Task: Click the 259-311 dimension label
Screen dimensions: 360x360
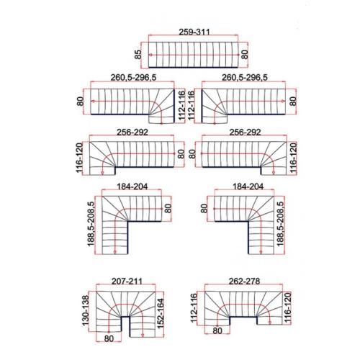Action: click(x=194, y=32)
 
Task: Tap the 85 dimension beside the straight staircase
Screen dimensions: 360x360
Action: click(x=138, y=54)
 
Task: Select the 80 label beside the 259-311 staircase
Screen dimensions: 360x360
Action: click(x=245, y=54)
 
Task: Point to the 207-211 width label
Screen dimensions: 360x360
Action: click(x=127, y=281)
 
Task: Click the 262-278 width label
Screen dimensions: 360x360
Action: click(x=244, y=281)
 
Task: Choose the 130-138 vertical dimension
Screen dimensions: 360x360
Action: click(x=86, y=310)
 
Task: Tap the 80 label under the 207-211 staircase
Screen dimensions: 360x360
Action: click(x=109, y=338)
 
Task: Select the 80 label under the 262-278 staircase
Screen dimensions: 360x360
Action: click(x=217, y=330)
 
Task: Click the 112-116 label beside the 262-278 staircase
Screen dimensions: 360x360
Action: click(x=194, y=308)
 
